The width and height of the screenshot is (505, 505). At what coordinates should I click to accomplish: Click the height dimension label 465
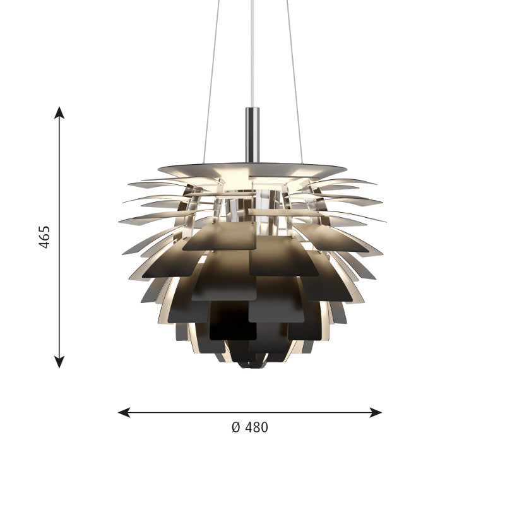tap(44, 237)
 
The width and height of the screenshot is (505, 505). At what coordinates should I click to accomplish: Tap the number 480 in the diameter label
tap(256, 427)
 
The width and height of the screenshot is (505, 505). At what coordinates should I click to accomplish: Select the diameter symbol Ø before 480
tap(236, 427)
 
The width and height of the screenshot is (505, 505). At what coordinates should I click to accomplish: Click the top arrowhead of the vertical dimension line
tap(59, 112)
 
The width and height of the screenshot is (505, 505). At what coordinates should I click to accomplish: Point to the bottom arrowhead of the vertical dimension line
tap(59, 362)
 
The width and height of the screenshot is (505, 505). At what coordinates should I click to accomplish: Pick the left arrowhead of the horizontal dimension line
tap(124, 412)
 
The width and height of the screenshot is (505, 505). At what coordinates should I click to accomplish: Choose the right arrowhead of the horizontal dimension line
tap(376, 412)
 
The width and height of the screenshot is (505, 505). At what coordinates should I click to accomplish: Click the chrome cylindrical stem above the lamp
tap(252, 134)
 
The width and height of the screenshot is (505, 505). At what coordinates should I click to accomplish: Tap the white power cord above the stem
tap(252, 53)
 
